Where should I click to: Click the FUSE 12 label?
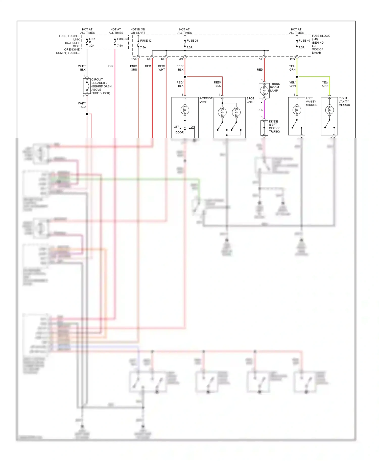click(146, 41)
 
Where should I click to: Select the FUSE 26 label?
click(192, 41)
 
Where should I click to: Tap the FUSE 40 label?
click(304, 41)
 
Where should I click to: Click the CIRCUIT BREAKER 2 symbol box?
click(87, 86)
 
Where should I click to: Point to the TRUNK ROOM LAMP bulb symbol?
click(264, 91)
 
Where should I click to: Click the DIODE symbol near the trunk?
click(264, 128)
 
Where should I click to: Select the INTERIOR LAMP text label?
click(206, 100)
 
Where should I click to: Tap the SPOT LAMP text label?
click(250, 100)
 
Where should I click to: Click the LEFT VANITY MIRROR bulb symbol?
click(297, 110)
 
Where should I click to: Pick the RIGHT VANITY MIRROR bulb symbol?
click(329, 110)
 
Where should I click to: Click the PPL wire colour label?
click(260, 110)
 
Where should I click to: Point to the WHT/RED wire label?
click(82, 105)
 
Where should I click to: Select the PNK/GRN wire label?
click(134, 68)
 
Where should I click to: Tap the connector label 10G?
click(134, 59)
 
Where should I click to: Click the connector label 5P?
click(260, 59)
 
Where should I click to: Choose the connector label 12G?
click(292, 59)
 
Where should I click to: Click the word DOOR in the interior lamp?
click(179, 132)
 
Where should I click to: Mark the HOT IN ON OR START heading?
click(138, 31)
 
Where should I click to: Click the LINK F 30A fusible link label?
click(92, 42)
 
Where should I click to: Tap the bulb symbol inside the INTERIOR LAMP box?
click(185, 110)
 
